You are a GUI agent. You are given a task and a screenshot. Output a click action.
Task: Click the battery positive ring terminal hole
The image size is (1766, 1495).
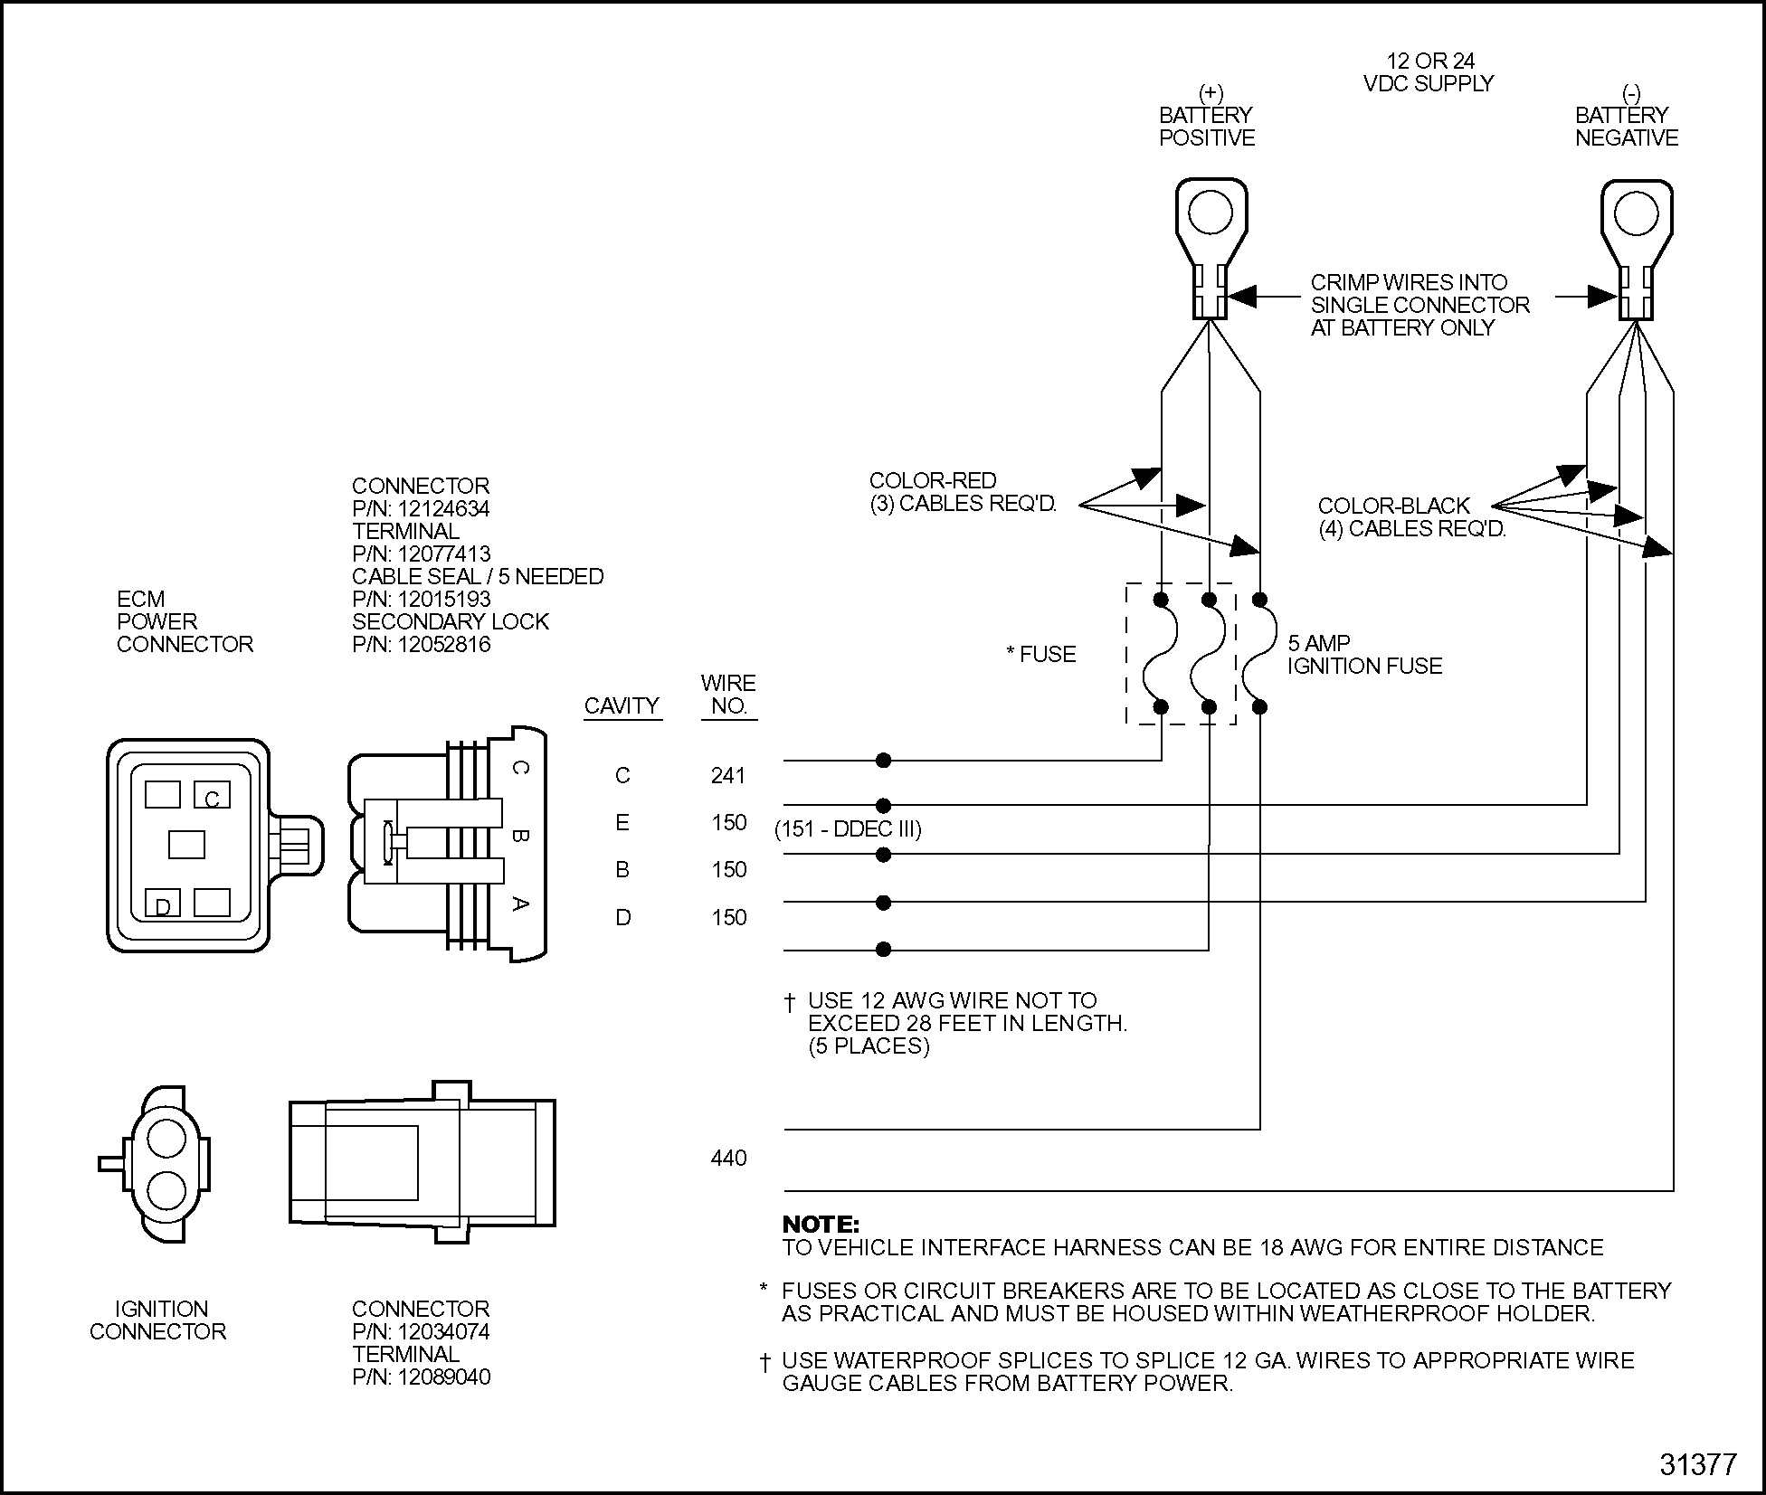(x=1211, y=213)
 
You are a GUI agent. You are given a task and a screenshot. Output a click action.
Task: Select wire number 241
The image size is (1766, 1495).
(x=728, y=775)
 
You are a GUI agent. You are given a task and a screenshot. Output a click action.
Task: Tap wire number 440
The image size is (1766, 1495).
(x=728, y=1158)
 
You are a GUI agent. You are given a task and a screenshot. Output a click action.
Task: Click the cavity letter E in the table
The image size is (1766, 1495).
(x=622, y=822)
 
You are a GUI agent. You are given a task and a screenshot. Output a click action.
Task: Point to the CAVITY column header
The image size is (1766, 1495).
(x=622, y=705)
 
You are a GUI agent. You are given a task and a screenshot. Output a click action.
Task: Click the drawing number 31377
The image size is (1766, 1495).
(x=1698, y=1465)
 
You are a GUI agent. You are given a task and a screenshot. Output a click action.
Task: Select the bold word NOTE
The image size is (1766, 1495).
(x=821, y=1225)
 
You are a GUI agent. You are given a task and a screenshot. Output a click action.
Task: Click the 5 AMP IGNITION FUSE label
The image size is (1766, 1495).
(x=1364, y=655)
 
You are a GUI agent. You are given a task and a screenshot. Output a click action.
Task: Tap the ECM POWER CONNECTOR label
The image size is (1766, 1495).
(x=185, y=621)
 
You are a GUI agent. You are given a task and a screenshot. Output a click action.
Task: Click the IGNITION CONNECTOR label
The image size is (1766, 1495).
(x=158, y=1320)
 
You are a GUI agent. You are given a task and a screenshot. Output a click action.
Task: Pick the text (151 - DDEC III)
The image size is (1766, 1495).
(x=848, y=829)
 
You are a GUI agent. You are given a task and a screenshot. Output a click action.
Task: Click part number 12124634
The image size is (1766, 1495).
(x=443, y=508)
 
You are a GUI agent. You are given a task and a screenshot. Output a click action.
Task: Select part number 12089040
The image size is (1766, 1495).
(x=443, y=1377)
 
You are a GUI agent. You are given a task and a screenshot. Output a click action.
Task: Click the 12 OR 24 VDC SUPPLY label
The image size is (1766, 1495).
(x=1429, y=72)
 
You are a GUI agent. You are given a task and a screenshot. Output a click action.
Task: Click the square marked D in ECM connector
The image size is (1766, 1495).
(x=163, y=903)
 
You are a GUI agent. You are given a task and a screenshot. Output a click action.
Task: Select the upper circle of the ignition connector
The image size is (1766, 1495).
(x=166, y=1138)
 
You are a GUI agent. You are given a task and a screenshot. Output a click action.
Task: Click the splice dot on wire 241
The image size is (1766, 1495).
(x=884, y=761)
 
